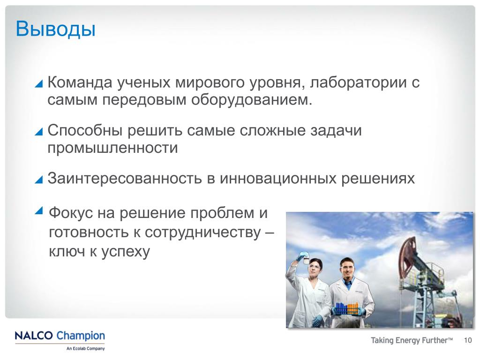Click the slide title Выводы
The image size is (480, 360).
pos(55,29)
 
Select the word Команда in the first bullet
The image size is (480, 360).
pos(80,82)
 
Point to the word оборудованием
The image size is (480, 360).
pos(251,100)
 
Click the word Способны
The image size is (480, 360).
pos(85,130)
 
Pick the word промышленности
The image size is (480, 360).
pos(112,148)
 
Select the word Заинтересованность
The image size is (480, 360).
pos(125,179)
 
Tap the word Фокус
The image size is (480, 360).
pos(71,213)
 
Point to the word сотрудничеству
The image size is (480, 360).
pos(202,233)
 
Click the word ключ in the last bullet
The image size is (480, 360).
pos(67,252)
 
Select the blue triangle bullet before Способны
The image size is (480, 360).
pos(39,131)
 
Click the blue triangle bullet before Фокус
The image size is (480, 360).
pos(39,210)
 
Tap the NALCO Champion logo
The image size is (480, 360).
pos(60,336)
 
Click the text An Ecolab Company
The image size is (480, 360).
pos(85,348)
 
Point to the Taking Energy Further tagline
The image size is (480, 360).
pos(412,340)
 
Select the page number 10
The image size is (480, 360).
pos(468,340)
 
